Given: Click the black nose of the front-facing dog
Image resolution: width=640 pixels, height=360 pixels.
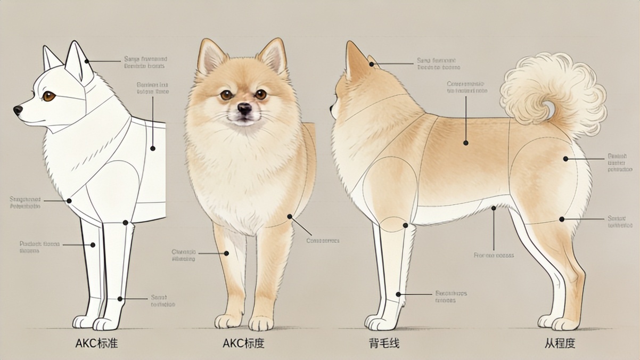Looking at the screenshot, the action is [x=244, y=109].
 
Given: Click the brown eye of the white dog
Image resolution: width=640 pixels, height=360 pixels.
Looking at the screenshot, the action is [x=49, y=96].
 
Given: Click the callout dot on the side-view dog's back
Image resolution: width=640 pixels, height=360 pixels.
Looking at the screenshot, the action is [x=465, y=143].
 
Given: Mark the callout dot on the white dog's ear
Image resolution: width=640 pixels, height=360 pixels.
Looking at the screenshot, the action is [x=87, y=61].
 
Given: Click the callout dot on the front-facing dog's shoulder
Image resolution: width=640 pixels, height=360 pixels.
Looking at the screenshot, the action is [x=290, y=217].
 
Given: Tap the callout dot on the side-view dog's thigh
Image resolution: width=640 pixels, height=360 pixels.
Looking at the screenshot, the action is [x=565, y=159].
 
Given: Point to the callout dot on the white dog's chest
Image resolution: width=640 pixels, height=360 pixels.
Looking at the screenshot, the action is [x=69, y=201].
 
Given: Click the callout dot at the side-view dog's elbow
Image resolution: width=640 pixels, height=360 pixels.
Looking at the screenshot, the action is [x=405, y=225].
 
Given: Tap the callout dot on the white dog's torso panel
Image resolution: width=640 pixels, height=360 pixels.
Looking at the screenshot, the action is [x=153, y=148].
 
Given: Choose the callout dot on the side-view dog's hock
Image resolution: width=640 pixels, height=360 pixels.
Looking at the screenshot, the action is [x=562, y=219].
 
